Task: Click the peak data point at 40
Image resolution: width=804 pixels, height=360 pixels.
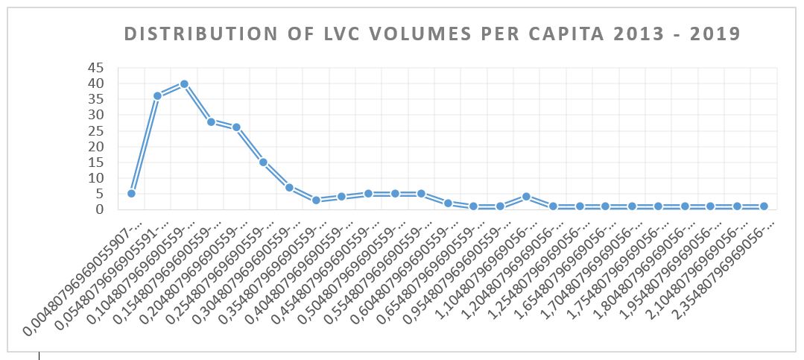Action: click(x=184, y=84)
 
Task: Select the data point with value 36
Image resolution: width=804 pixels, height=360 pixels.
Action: click(x=157, y=96)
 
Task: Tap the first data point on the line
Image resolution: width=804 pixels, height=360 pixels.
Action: click(x=131, y=193)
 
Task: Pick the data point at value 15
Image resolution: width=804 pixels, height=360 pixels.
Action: click(x=263, y=162)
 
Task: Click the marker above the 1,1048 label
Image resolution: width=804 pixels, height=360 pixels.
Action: click(x=526, y=197)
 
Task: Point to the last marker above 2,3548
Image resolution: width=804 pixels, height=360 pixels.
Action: click(x=764, y=206)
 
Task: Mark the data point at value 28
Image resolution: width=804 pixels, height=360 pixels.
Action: click(x=211, y=121)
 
